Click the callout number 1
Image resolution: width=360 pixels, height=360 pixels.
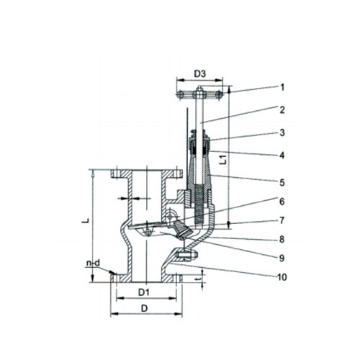282,87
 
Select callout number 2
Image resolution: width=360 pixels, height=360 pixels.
282,109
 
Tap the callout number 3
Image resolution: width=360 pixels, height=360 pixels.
282,132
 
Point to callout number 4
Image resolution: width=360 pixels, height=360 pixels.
282,156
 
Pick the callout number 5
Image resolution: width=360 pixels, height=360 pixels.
282,183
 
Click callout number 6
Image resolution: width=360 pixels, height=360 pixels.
282,202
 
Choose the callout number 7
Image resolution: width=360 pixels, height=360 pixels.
282,220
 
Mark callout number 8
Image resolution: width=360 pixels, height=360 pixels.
282,239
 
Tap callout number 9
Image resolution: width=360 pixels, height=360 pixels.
282,258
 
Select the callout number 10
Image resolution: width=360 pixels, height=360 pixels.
282,277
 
